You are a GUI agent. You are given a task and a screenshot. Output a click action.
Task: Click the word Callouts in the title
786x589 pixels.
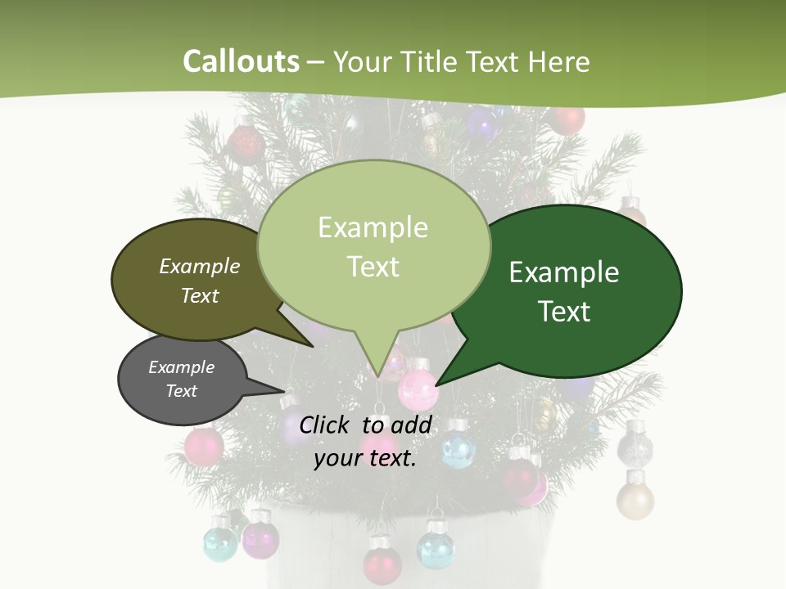pyautogui.click(x=241, y=61)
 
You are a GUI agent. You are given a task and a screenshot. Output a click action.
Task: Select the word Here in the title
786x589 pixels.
pyautogui.click(x=559, y=61)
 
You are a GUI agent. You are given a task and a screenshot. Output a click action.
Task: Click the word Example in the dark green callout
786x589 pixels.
pyautogui.click(x=564, y=272)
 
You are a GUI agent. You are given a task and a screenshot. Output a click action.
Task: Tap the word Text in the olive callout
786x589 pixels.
pyautogui.click(x=200, y=295)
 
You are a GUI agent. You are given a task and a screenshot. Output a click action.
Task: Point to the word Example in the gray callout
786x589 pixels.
pyautogui.click(x=181, y=367)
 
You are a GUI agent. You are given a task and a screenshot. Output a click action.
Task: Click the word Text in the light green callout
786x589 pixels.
pyautogui.click(x=373, y=267)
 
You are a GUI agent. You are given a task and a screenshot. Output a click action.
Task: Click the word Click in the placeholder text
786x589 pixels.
pyautogui.click(x=326, y=425)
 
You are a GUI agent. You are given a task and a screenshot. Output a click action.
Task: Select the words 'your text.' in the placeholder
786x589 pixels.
pyautogui.click(x=365, y=458)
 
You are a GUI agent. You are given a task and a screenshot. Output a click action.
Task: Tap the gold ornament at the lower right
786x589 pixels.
pyautogui.click(x=635, y=499)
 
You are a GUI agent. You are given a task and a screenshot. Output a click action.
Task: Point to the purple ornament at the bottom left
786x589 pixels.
pyautogui.click(x=260, y=538)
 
